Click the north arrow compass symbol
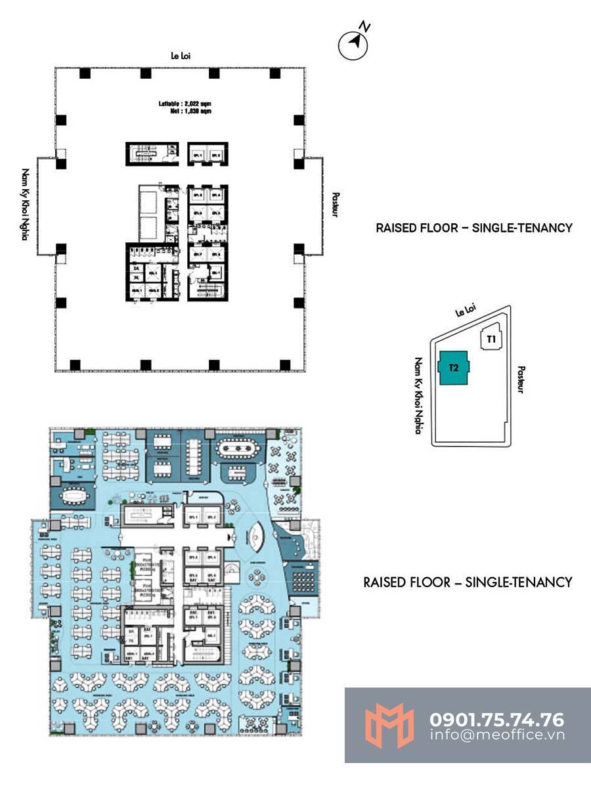(x=355, y=41)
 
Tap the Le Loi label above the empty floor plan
(x=181, y=57)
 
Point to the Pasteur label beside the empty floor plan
(x=335, y=204)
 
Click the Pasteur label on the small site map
(x=521, y=380)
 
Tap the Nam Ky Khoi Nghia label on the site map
(x=417, y=396)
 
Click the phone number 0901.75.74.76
(x=497, y=720)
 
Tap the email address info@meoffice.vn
(x=497, y=735)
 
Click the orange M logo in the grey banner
(x=391, y=725)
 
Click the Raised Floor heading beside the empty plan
(x=474, y=228)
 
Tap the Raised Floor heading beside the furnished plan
(x=468, y=582)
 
